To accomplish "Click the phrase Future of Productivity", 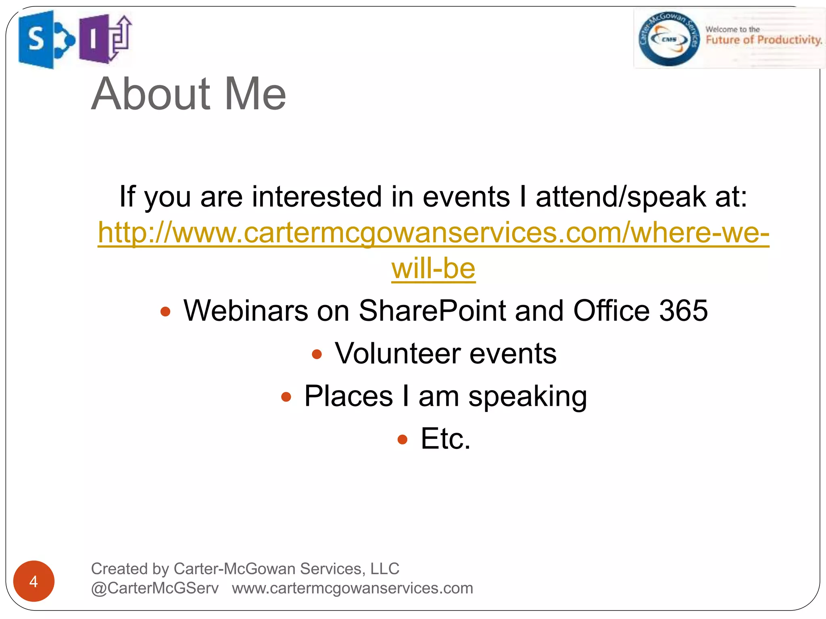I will [x=763, y=40].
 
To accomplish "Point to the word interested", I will [x=317, y=197].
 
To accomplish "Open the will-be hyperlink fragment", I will [x=434, y=269].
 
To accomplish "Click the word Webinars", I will [x=246, y=311].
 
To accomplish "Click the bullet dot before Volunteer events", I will [x=317, y=354].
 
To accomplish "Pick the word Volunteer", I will [x=398, y=353].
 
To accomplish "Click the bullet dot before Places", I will [x=286, y=397].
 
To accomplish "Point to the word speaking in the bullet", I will [x=527, y=397].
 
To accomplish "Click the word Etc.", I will [x=445, y=439].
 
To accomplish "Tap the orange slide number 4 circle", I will [x=34, y=581].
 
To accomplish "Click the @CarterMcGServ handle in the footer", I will [x=155, y=588].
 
